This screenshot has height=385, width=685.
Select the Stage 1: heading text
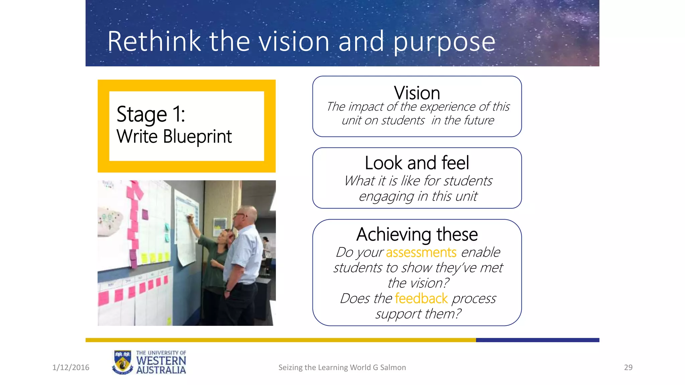coord(151,114)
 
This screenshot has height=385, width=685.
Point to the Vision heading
coord(417,93)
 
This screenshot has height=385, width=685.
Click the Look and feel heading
coord(417,163)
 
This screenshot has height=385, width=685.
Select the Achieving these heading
coord(417,234)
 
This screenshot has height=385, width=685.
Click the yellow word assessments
coord(421,252)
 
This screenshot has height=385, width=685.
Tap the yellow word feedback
coord(421,298)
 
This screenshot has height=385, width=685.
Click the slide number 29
coord(628,367)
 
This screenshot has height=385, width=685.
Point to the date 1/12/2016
coord(71,367)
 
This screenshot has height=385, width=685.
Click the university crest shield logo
coord(122,362)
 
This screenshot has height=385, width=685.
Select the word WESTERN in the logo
coord(161,361)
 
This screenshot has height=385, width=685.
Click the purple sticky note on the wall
coord(145,214)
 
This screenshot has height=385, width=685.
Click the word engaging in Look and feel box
coord(386,197)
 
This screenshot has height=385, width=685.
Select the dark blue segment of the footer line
coord(537,340)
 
